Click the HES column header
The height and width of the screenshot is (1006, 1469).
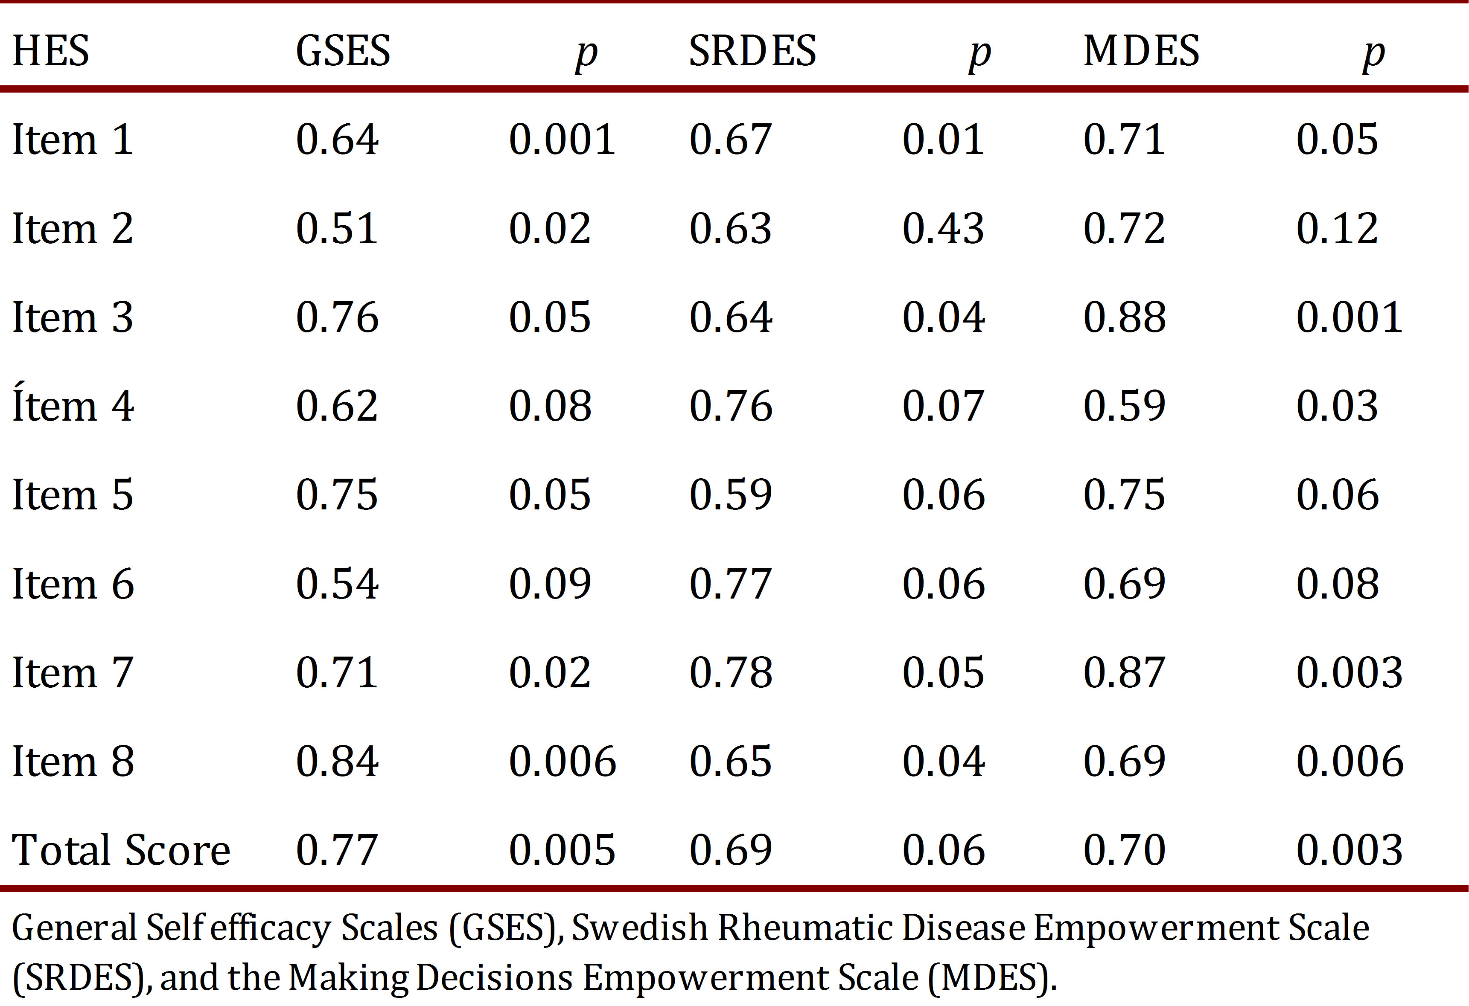coord(50,50)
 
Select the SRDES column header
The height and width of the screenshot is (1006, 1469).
coord(752,50)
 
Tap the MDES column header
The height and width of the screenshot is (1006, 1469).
coord(1141,50)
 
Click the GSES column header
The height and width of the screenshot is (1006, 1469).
coord(343,50)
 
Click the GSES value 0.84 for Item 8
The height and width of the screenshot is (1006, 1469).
coord(337,761)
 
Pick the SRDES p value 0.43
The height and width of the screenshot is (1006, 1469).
coord(943,228)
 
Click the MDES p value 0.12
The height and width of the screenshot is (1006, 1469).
coord(1337,228)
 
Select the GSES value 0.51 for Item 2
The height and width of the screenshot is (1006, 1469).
coord(337,228)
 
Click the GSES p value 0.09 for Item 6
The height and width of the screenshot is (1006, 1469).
coord(550,583)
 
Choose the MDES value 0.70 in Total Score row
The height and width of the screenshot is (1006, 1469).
coord(1125,849)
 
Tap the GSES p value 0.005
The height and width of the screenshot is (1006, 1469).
coord(562,849)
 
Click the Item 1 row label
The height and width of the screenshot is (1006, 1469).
coord(73,139)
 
